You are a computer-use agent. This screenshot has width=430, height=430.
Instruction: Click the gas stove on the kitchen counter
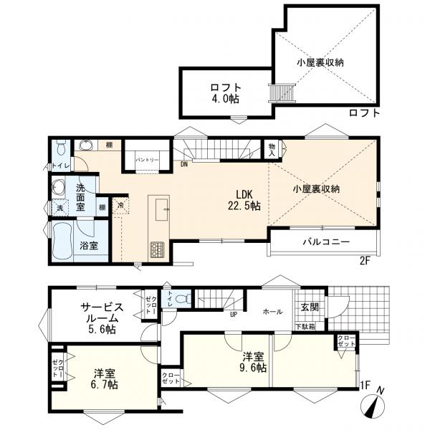tap(157, 250)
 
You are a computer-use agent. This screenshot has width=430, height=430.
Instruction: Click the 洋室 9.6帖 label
tap(254, 363)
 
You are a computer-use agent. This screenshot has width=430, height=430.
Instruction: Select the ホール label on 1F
tap(272, 312)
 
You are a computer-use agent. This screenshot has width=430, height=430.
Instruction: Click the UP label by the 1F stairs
tap(233, 314)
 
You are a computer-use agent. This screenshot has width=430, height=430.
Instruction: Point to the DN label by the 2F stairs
tap(184, 163)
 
